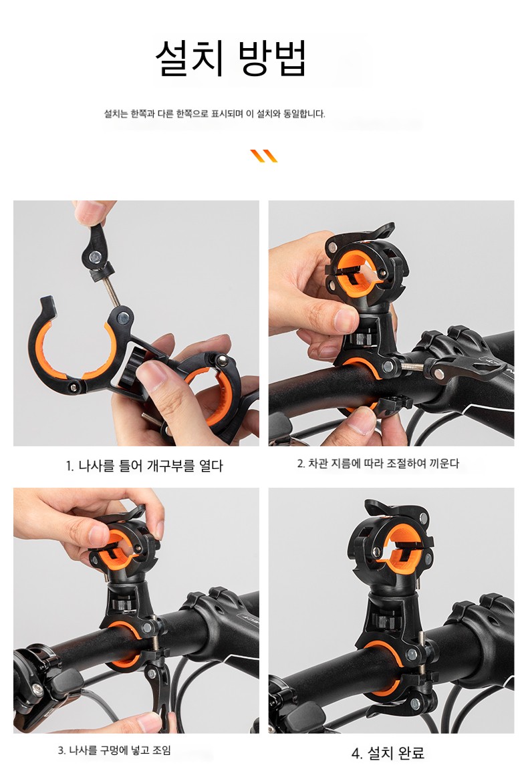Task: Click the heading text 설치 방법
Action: click(231, 58)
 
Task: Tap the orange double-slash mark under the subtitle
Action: click(264, 156)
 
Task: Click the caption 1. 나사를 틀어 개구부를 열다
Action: click(144, 466)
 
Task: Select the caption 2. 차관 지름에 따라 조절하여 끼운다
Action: click(378, 464)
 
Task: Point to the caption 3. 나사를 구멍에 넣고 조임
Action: click(114, 750)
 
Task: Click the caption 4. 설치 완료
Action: click(388, 753)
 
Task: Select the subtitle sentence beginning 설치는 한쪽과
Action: click(215, 114)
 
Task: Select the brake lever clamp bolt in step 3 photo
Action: click(37, 689)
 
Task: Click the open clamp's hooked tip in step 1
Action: click(47, 304)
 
